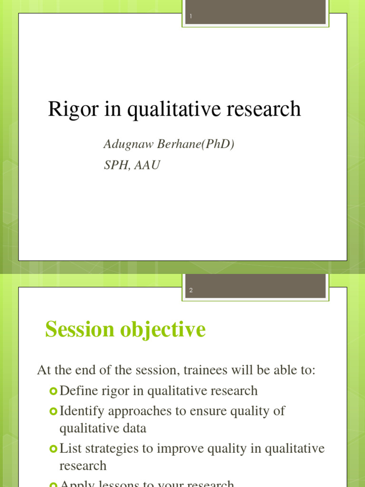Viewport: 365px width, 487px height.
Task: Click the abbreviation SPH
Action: (x=115, y=166)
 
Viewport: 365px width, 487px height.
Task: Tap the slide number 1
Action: (x=191, y=17)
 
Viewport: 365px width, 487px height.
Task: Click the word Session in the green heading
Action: (x=80, y=330)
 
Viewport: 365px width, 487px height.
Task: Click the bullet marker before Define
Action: (x=53, y=391)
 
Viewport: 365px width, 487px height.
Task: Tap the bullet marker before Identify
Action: (x=53, y=410)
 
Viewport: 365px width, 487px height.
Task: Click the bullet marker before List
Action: (x=53, y=448)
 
